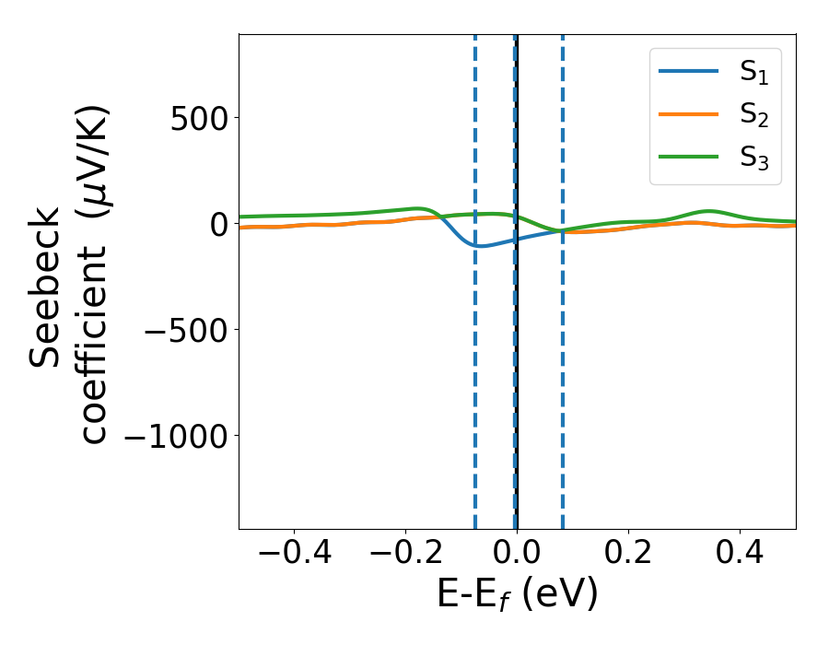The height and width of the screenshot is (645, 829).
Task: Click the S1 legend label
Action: point(754,73)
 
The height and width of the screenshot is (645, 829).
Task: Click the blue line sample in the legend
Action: point(688,72)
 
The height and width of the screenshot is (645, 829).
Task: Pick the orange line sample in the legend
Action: point(688,114)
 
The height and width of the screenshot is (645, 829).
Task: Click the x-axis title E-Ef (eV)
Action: point(517,594)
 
